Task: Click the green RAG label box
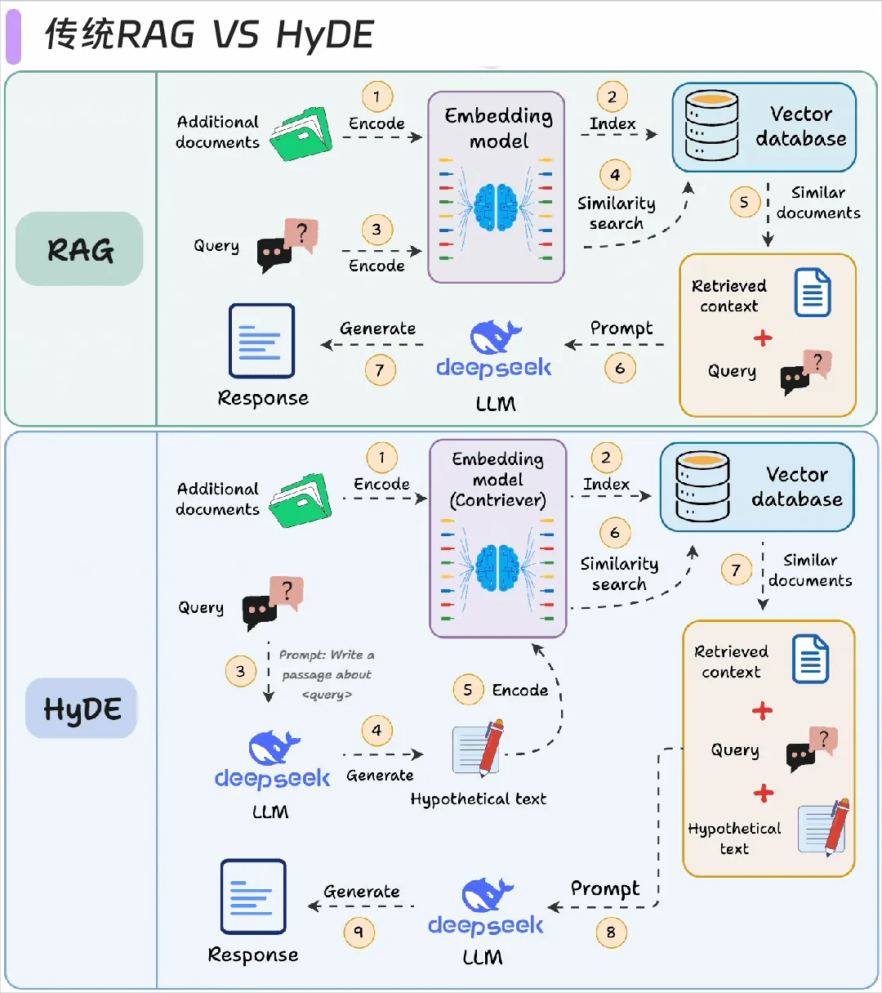[79, 249]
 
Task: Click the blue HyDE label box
[82, 709]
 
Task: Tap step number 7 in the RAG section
[380, 370]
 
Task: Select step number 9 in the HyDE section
[359, 932]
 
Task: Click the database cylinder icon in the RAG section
[711, 126]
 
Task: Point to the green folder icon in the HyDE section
[301, 499]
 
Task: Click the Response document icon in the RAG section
[261, 341]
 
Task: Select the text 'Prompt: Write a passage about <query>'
[327, 674]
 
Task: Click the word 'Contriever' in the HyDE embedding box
[498, 500]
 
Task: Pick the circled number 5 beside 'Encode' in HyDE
[468, 690]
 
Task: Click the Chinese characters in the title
[80, 35]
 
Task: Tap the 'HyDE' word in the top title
[325, 35]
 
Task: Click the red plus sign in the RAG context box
[763, 338]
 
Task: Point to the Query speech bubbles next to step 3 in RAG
[287, 245]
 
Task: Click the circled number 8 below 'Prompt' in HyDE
[611, 932]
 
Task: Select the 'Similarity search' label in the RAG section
[617, 213]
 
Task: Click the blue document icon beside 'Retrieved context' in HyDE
[810, 659]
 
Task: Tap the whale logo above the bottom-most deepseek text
[487, 895]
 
